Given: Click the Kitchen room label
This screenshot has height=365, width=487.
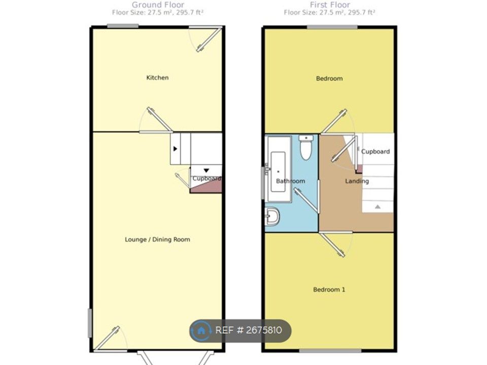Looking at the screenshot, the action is click(157, 78).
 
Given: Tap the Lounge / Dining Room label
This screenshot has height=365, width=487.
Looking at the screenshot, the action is click(157, 239).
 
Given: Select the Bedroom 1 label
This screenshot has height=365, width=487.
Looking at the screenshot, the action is click(329, 289).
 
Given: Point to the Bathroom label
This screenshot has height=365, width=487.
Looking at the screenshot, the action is click(290, 181).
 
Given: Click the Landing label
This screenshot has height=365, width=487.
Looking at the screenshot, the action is click(357, 181).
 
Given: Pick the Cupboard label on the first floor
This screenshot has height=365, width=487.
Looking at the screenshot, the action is click(375, 152).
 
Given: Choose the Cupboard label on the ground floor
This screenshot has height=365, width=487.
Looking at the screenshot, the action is click(206, 178).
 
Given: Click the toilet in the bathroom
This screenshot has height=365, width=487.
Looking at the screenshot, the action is click(306, 148).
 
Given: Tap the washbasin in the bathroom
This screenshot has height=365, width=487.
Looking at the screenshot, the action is click(272, 216).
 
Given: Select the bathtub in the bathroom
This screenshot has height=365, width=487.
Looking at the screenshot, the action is click(279, 169).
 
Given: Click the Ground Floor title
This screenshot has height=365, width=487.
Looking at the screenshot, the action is click(158, 5).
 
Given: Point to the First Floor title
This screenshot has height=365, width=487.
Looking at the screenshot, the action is click(330, 5).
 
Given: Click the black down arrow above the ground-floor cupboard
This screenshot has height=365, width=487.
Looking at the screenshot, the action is click(206, 170).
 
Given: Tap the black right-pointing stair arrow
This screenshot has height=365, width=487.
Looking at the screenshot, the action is click(175, 149).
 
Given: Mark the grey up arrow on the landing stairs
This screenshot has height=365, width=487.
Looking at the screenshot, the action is click(377, 206).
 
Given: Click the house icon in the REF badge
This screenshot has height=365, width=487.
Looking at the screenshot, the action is click(201, 331).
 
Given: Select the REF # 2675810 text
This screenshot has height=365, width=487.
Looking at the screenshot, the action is click(249, 330).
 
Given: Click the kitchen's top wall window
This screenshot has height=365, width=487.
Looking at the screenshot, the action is click(123, 26).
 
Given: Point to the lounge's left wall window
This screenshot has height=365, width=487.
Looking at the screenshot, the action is click(90, 323).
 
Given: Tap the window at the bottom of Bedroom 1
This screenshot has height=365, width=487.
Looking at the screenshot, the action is click(330, 351).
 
